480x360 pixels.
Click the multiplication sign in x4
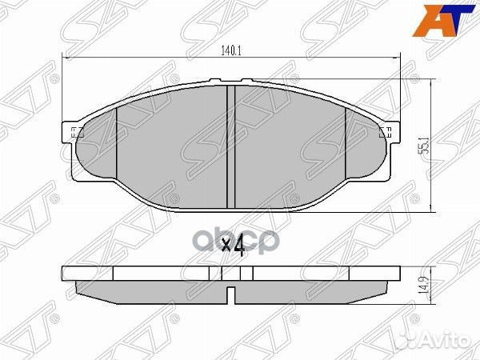click(225, 246)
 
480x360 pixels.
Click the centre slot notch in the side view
click(230, 298)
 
